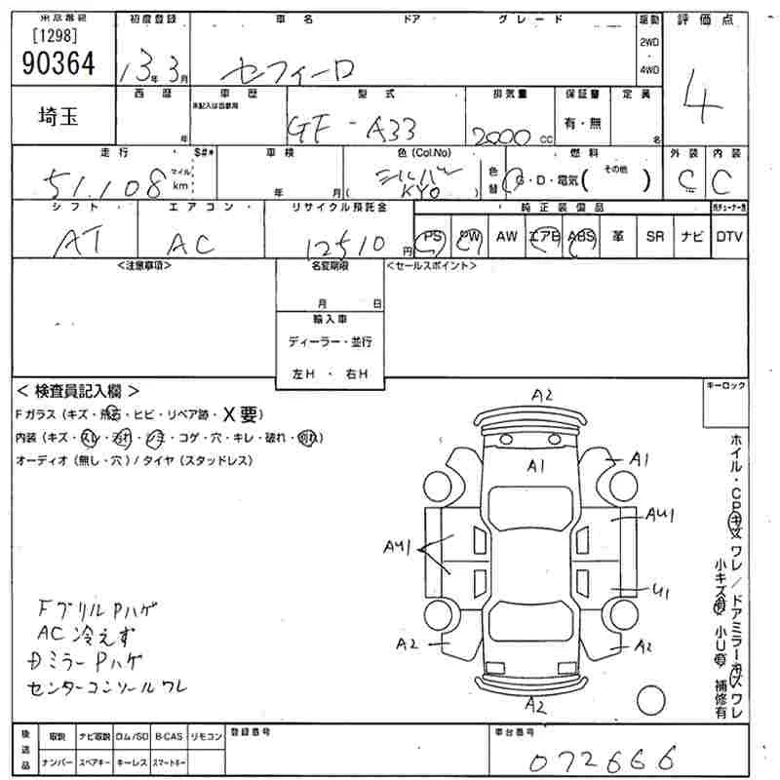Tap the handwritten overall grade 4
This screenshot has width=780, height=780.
coord(698,101)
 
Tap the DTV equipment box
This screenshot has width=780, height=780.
coord(728,237)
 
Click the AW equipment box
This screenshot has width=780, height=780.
coord(507,237)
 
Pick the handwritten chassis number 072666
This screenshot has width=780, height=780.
coord(604,758)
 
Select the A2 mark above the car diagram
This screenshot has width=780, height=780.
coord(542,395)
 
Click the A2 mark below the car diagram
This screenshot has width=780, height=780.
coord(535,703)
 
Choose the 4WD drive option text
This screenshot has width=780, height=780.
coord(649,70)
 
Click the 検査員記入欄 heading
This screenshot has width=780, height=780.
coord(78,390)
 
